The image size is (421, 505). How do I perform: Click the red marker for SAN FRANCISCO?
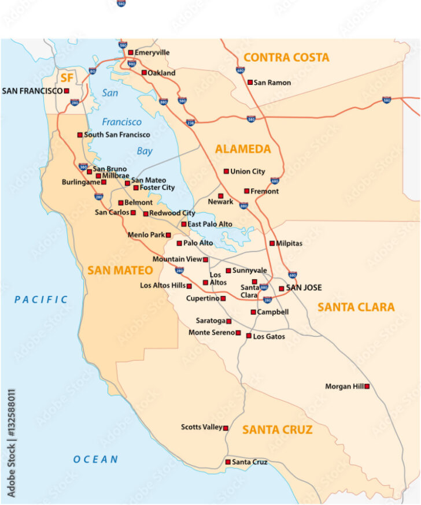pos(67,91)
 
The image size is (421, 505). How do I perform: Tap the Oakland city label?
pos(161,73)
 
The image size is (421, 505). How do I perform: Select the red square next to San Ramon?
pos(250,82)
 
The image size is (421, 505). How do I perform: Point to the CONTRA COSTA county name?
pos(286,57)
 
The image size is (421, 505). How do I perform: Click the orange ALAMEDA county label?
pos(243,149)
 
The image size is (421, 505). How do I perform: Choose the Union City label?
pos(248,172)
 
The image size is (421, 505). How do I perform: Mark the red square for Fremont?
pos(246,191)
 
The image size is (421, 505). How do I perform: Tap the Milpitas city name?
pos(289,243)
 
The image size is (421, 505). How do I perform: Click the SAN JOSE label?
pos(304,288)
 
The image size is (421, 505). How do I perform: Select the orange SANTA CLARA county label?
pos(356,307)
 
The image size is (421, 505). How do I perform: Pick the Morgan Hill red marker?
pos(367,386)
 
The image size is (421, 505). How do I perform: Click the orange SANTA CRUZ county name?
pos(277,430)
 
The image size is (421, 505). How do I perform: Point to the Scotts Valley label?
pos(201,428)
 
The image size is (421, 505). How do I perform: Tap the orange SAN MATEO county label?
pos(120,270)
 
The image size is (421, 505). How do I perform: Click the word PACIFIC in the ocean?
pos(41,299)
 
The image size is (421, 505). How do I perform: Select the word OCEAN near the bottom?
pos(95,460)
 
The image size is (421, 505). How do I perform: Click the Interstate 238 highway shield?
pos(191,122)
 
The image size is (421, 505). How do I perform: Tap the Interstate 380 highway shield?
pos(83,166)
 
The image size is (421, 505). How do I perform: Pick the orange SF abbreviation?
pos(67,76)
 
